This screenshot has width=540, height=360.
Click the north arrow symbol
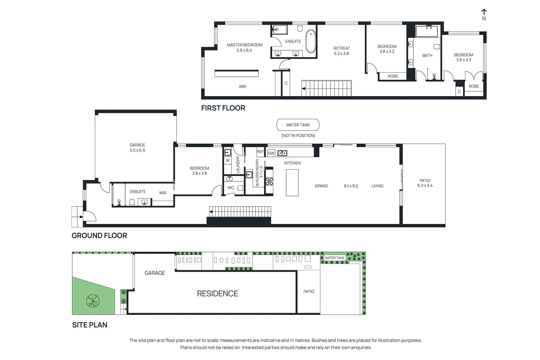[x=484, y=12]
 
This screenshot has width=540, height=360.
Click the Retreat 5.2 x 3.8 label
[x=342, y=51]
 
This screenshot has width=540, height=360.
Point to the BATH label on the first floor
[x=427, y=55]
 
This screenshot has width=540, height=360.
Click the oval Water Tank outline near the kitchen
[x=298, y=125]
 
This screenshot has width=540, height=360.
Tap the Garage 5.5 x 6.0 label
[x=137, y=147]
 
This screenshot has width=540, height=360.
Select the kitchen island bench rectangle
[x=292, y=182]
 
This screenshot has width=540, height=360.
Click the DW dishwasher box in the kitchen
[x=271, y=153]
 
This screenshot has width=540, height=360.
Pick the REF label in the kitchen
[x=260, y=151]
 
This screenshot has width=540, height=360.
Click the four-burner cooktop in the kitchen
[x=269, y=182]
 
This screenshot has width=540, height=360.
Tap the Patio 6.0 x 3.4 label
[x=425, y=183]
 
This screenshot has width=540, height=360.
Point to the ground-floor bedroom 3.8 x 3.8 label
[x=199, y=171]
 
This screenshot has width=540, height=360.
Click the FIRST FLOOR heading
[x=223, y=108]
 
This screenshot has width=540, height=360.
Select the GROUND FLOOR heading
[x=99, y=236]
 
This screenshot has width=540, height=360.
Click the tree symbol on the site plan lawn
[x=93, y=301]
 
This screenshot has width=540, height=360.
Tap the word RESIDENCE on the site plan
[x=217, y=294]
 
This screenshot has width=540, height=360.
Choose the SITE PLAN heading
[x=89, y=325]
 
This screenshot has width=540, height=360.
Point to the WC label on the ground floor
[x=231, y=188]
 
